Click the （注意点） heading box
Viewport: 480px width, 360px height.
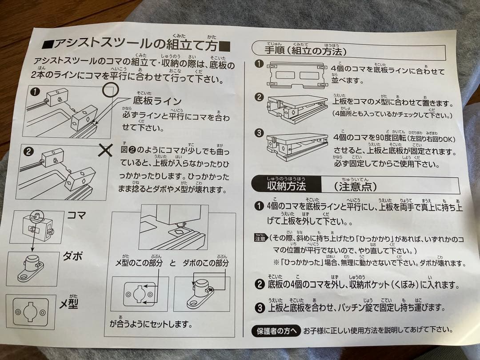point(355,186)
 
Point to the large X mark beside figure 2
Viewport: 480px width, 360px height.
point(105,150)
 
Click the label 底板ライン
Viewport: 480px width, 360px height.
point(157,101)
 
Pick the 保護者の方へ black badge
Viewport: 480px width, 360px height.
point(276,331)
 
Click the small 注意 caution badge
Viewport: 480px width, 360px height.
point(260,238)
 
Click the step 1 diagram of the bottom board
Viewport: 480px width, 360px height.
point(296,73)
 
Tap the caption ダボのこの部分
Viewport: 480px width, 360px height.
point(206,264)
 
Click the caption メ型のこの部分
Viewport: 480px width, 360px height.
point(139,264)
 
